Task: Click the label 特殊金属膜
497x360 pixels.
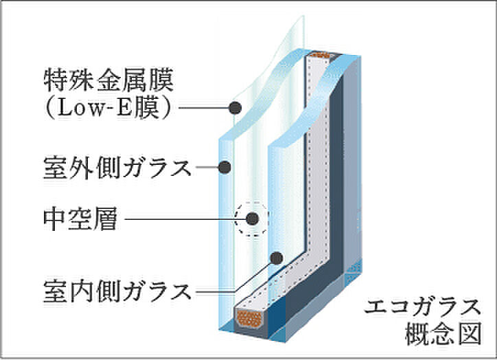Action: click(x=108, y=80)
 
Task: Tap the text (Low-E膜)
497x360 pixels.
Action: click(x=108, y=108)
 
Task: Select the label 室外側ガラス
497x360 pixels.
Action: click(x=117, y=168)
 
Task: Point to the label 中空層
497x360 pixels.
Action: click(x=80, y=218)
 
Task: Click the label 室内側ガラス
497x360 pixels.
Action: click(x=117, y=291)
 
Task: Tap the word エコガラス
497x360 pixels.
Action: click(x=422, y=306)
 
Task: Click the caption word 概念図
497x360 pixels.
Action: click(x=443, y=333)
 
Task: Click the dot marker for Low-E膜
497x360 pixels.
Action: click(x=235, y=108)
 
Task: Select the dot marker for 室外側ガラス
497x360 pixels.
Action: click(x=224, y=167)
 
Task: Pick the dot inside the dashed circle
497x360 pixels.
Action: click(x=253, y=218)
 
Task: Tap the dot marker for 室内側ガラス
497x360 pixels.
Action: click(x=277, y=258)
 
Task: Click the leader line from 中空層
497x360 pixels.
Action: click(x=185, y=219)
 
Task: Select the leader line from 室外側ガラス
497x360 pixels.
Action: click(x=207, y=167)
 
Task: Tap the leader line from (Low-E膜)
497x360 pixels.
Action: click(x=203, y=108)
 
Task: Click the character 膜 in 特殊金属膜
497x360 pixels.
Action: click(x=162, y=80)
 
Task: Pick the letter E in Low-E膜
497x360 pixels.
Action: click(x=125, y=108)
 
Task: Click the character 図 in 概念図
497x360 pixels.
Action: click(x=470, y=333)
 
